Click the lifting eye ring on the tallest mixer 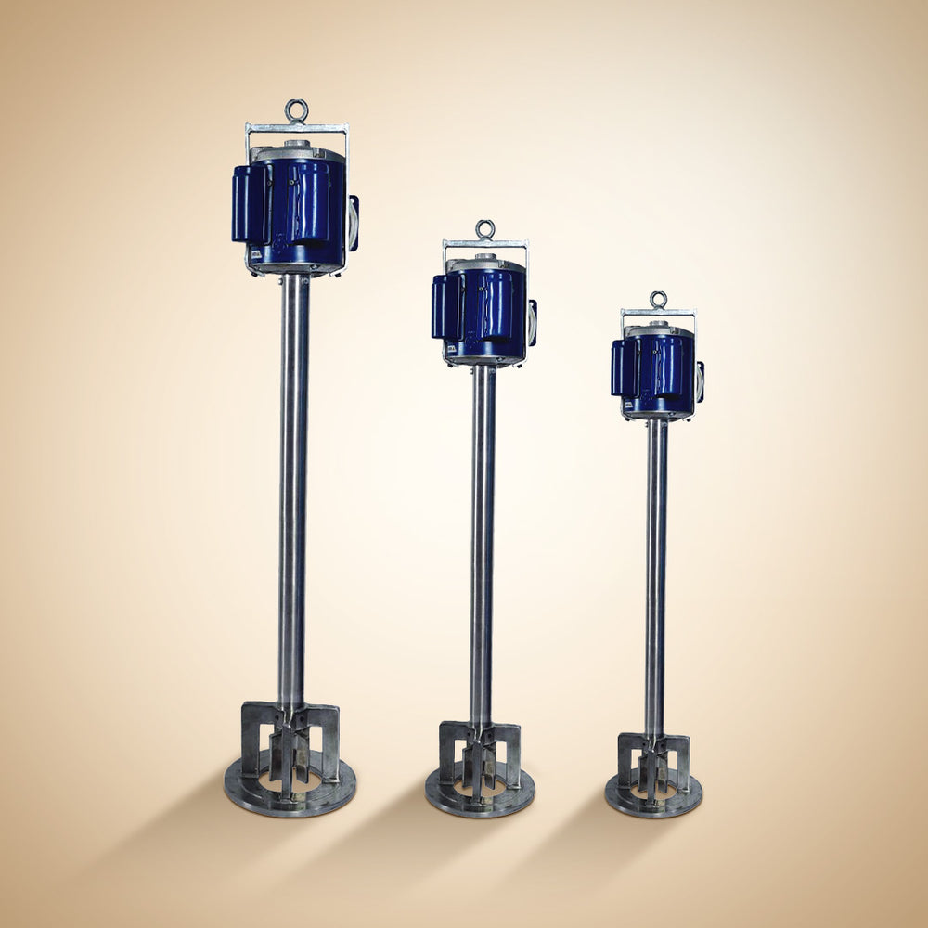coord(297,111)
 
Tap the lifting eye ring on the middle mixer coord(484,229)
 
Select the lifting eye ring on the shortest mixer coord(658,300)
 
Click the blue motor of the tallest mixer coord(302,213)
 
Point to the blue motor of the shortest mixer coord(661,371)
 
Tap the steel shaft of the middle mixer coord(483,538)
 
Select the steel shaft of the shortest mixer coord(656,575)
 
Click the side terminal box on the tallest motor coord(354,223)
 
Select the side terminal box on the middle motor coord(533,323)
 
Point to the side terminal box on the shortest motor coord(700,381)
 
